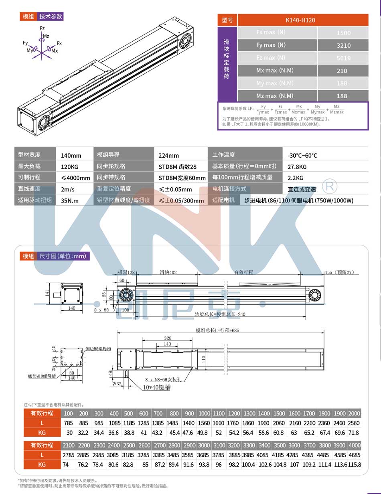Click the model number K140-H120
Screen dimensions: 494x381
[x=303, y=20]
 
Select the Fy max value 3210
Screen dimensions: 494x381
[x=343, y=45]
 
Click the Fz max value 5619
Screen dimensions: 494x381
[x=343, y=58]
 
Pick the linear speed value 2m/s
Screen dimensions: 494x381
[x=67, y=189]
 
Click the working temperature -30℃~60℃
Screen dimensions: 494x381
[x=302, y=155]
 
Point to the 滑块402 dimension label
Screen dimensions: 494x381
[x=168, y=272]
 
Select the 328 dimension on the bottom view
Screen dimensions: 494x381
[x=167, y=338]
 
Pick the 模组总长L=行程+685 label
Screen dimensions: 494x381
[x=220, y=331]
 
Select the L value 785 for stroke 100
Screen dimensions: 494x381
[x=68, y=423]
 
